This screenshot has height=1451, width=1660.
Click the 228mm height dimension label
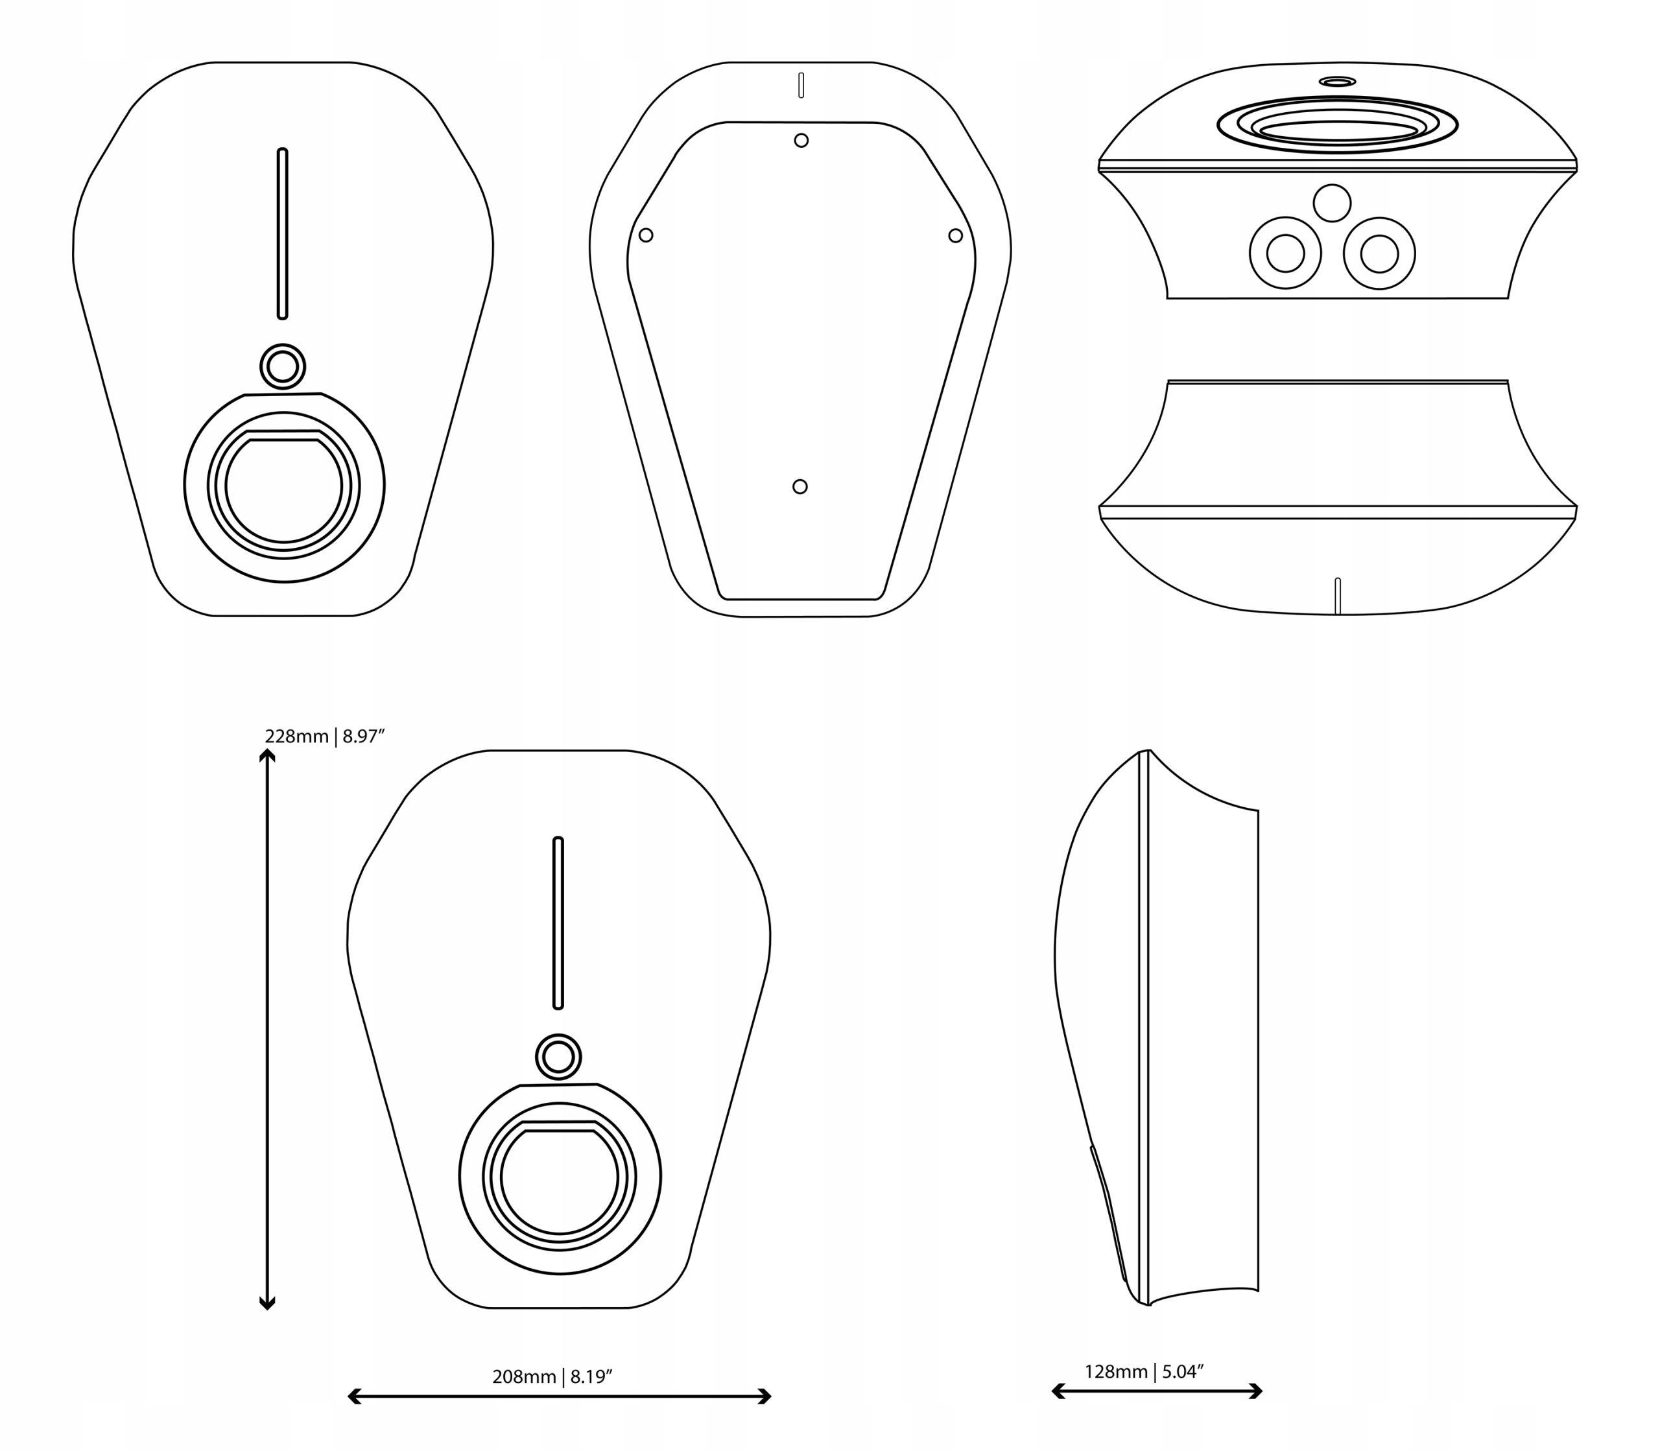[324, 736]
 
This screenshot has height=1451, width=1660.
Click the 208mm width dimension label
[552, 1376]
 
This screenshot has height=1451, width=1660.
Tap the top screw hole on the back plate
[801, 141]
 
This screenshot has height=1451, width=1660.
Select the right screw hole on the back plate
[956, 235]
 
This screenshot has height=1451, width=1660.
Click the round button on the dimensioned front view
[558, 1057]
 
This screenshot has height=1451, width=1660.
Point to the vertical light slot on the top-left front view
[283, 233]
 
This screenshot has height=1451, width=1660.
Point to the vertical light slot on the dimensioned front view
[558, 923]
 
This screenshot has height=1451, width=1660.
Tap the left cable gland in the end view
[1285, 254]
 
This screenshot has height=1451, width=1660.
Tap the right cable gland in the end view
[1379, 254]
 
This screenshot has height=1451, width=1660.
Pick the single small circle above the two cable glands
[1332, 203]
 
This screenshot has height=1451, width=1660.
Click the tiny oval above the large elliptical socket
[1337, 82]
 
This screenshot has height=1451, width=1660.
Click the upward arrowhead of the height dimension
[267, 755]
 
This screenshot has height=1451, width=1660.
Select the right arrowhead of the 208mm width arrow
[765, 1396]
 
